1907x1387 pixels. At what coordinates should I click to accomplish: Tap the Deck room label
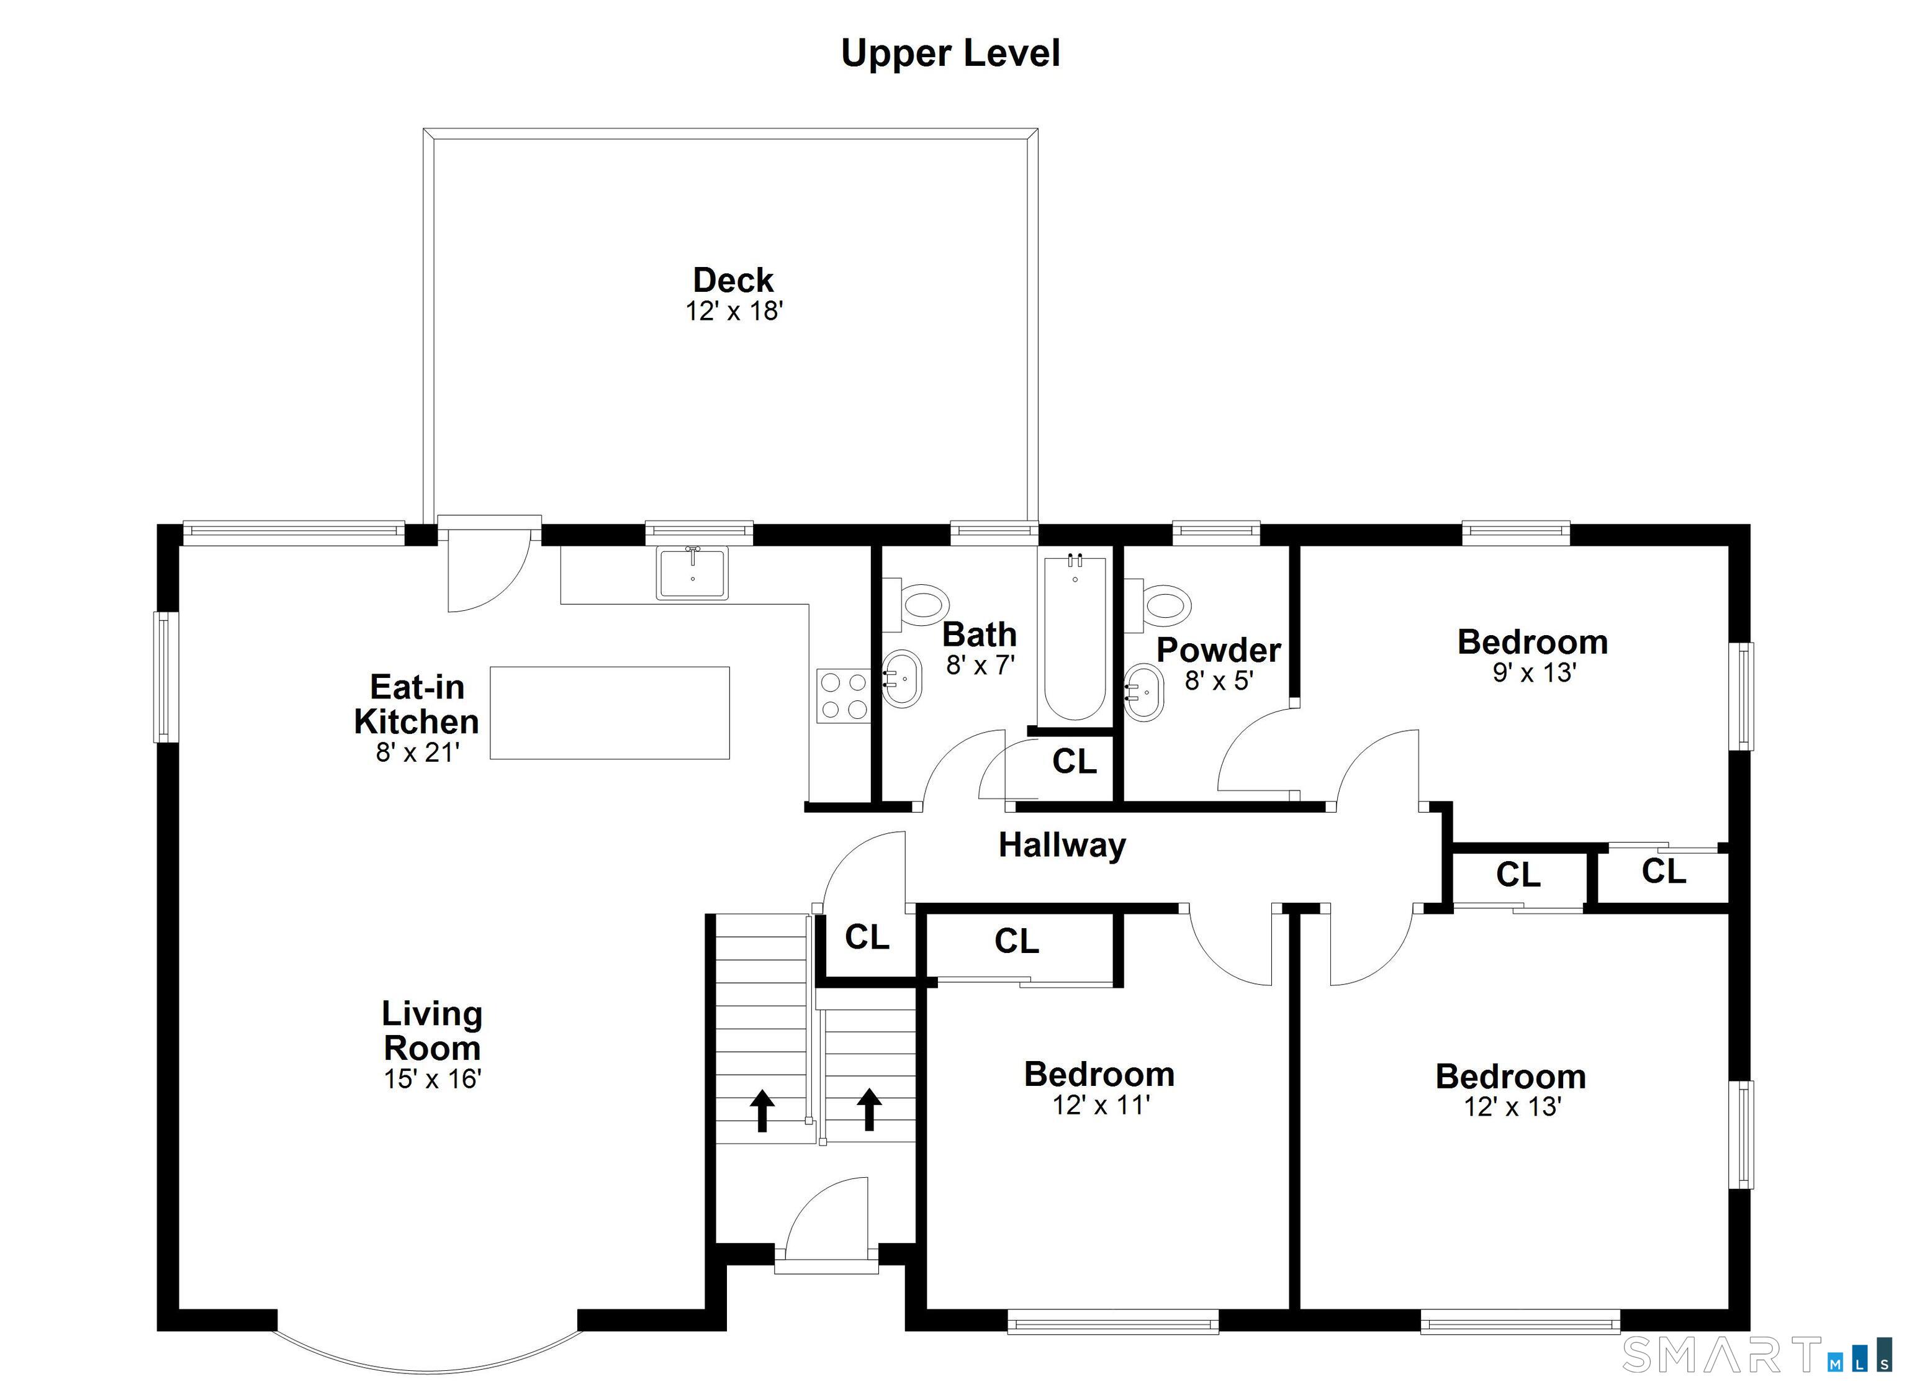click(x=733, y=280)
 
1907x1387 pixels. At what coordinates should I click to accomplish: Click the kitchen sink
click(x=692, y=573)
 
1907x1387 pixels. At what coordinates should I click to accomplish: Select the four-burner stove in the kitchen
click(x=844, y=695)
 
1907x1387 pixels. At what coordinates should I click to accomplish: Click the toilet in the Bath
click(x=916, y=605)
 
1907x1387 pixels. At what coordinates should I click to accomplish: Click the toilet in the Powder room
click(x=1158, y=605)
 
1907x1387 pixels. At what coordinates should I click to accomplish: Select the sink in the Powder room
click(x=1143, y=693)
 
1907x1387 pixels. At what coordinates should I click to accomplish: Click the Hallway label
click(x=1062, y=846)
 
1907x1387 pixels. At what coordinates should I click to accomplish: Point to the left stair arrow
click(x=762, y=1110)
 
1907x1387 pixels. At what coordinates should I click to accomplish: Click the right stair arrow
click(x=870, y=1109)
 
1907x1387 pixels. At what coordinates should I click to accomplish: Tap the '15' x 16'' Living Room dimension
click(x=432, y=1078)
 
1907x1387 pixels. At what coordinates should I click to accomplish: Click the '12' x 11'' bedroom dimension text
click(x=1101, y=1105)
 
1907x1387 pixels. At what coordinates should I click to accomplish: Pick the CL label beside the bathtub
click(x=1075, y=762)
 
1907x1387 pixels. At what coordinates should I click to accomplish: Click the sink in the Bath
click(x=901, y=679)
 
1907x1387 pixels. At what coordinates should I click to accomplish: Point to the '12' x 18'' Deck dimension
click(x=734, y=311)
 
